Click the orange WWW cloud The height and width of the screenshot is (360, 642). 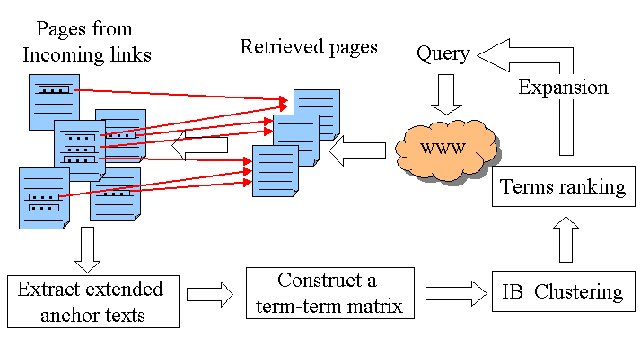pos(442,148)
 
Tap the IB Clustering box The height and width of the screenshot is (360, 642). pos(563,293)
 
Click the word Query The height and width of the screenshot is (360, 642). pos(443,53)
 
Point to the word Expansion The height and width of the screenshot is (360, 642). pos(563,87)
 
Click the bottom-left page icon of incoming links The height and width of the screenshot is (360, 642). pos(41,198)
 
